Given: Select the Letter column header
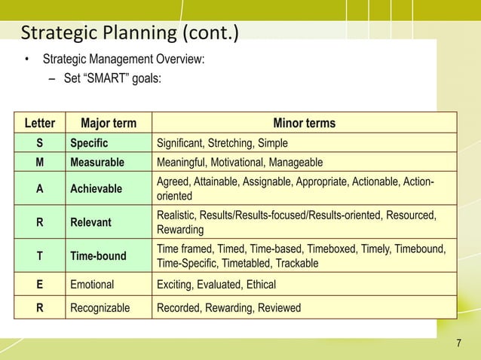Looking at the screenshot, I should (x=39, y=124).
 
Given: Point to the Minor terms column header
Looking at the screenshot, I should (x=304, y=124).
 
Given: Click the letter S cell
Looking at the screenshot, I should (x=39, y=143).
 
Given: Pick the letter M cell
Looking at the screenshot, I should (x=39, y=162).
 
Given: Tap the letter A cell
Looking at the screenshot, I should (x=39, y=188).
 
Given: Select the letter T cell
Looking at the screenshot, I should (x=39, y=256).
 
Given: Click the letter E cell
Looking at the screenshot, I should (x=39, y=285).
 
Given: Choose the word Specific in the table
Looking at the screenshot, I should (x=89, y=143).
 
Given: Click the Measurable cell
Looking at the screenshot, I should (x=97, y=162).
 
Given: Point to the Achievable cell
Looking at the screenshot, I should (x=96, y=188).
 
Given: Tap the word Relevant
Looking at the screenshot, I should (x=90, y=222).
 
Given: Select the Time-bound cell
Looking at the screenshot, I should (x=98, y=256).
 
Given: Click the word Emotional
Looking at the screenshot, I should (x=92, y=285).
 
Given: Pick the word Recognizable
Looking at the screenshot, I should (x=100, y=307).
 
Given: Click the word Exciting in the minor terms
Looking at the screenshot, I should (x=173, y=285).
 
